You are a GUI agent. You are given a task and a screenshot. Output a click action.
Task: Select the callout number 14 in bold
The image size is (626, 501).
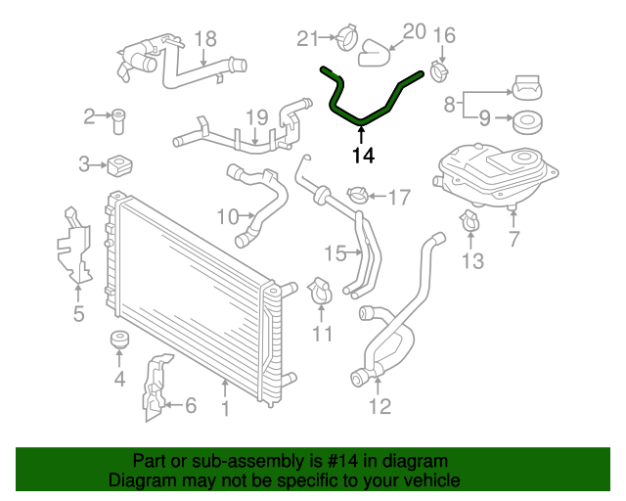pyautogui.click(x=362, y=154)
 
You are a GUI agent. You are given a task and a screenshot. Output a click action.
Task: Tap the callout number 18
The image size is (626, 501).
pyautogui.click(x=204, y=39)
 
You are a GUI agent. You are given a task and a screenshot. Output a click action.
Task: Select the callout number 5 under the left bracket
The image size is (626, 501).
pyautogui.click(x=78, y=314)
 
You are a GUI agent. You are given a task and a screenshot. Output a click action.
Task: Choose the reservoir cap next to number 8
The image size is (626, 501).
pyautogui.click(x=525, y=87)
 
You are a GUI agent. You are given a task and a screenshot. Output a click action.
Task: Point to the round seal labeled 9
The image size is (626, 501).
pyautogui.click(x=526, y=123)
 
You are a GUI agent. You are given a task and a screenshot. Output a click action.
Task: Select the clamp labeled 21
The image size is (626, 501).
pyautogui.click(x=343, y=40)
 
